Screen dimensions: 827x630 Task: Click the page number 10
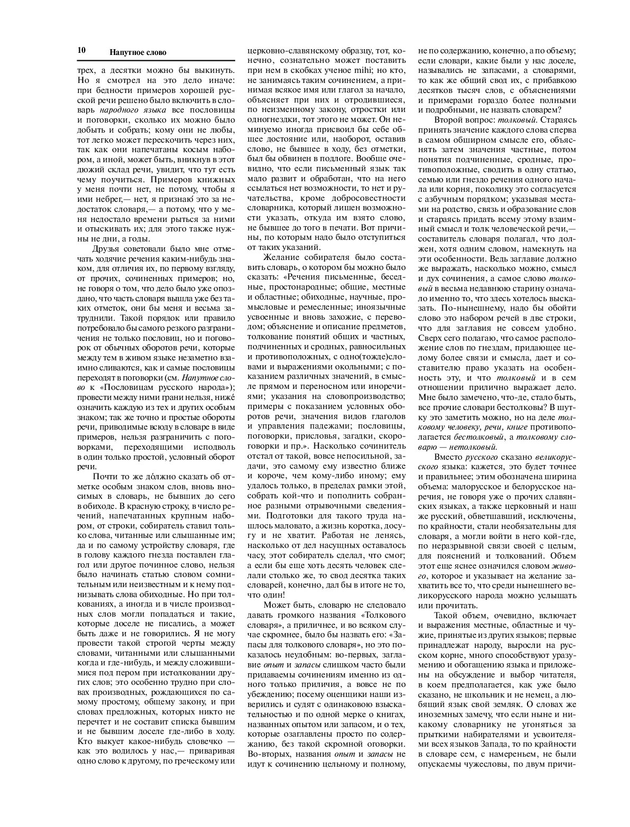click(81, 51)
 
